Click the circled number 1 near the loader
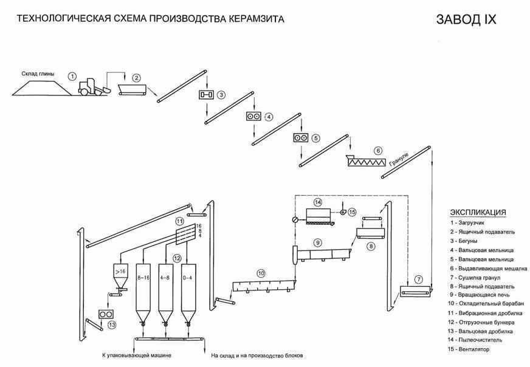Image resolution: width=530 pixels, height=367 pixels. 72,76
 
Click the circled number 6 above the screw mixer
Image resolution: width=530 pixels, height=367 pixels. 377,150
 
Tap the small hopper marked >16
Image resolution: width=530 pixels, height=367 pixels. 120,273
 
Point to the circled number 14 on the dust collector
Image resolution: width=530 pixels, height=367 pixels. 317,201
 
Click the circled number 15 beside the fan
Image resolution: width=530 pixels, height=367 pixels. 352,211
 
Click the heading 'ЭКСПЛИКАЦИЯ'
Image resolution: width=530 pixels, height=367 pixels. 478,212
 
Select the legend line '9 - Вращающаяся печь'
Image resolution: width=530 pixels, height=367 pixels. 481,295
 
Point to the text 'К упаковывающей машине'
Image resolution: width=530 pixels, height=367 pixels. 137,355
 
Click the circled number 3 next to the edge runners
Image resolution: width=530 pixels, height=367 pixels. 222,95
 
